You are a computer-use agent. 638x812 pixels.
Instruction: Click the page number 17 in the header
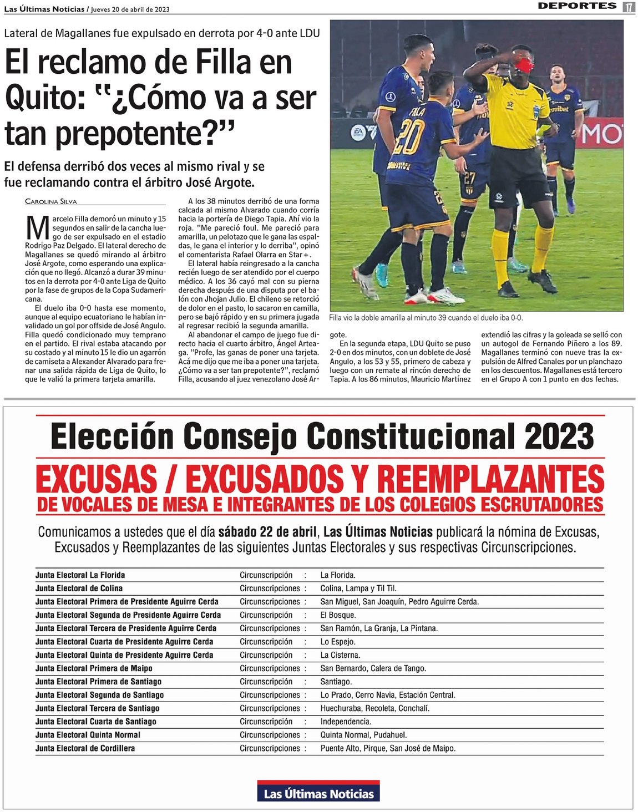point(628,7)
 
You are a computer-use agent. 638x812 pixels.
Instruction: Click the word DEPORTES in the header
point(577,6)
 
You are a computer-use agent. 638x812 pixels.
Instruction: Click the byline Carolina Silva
point(51,201)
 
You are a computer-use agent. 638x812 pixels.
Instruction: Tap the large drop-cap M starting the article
point(38,227)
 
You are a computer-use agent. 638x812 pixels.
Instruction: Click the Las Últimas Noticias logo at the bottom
point(318,792)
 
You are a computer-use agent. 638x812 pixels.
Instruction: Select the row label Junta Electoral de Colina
point(79,588)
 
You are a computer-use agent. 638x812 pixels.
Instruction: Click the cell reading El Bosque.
point(338,615)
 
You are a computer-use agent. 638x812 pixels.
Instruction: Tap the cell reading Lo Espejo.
point(337,642)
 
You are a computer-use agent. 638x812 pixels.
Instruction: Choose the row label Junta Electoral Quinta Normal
point(88,735)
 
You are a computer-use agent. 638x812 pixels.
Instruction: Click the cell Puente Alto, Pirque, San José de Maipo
point(388,748)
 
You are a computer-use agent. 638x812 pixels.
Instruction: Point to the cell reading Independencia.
point(346,722)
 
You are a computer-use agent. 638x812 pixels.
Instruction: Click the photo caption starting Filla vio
point(426,318)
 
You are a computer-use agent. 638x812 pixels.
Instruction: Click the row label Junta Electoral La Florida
point(80,575)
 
